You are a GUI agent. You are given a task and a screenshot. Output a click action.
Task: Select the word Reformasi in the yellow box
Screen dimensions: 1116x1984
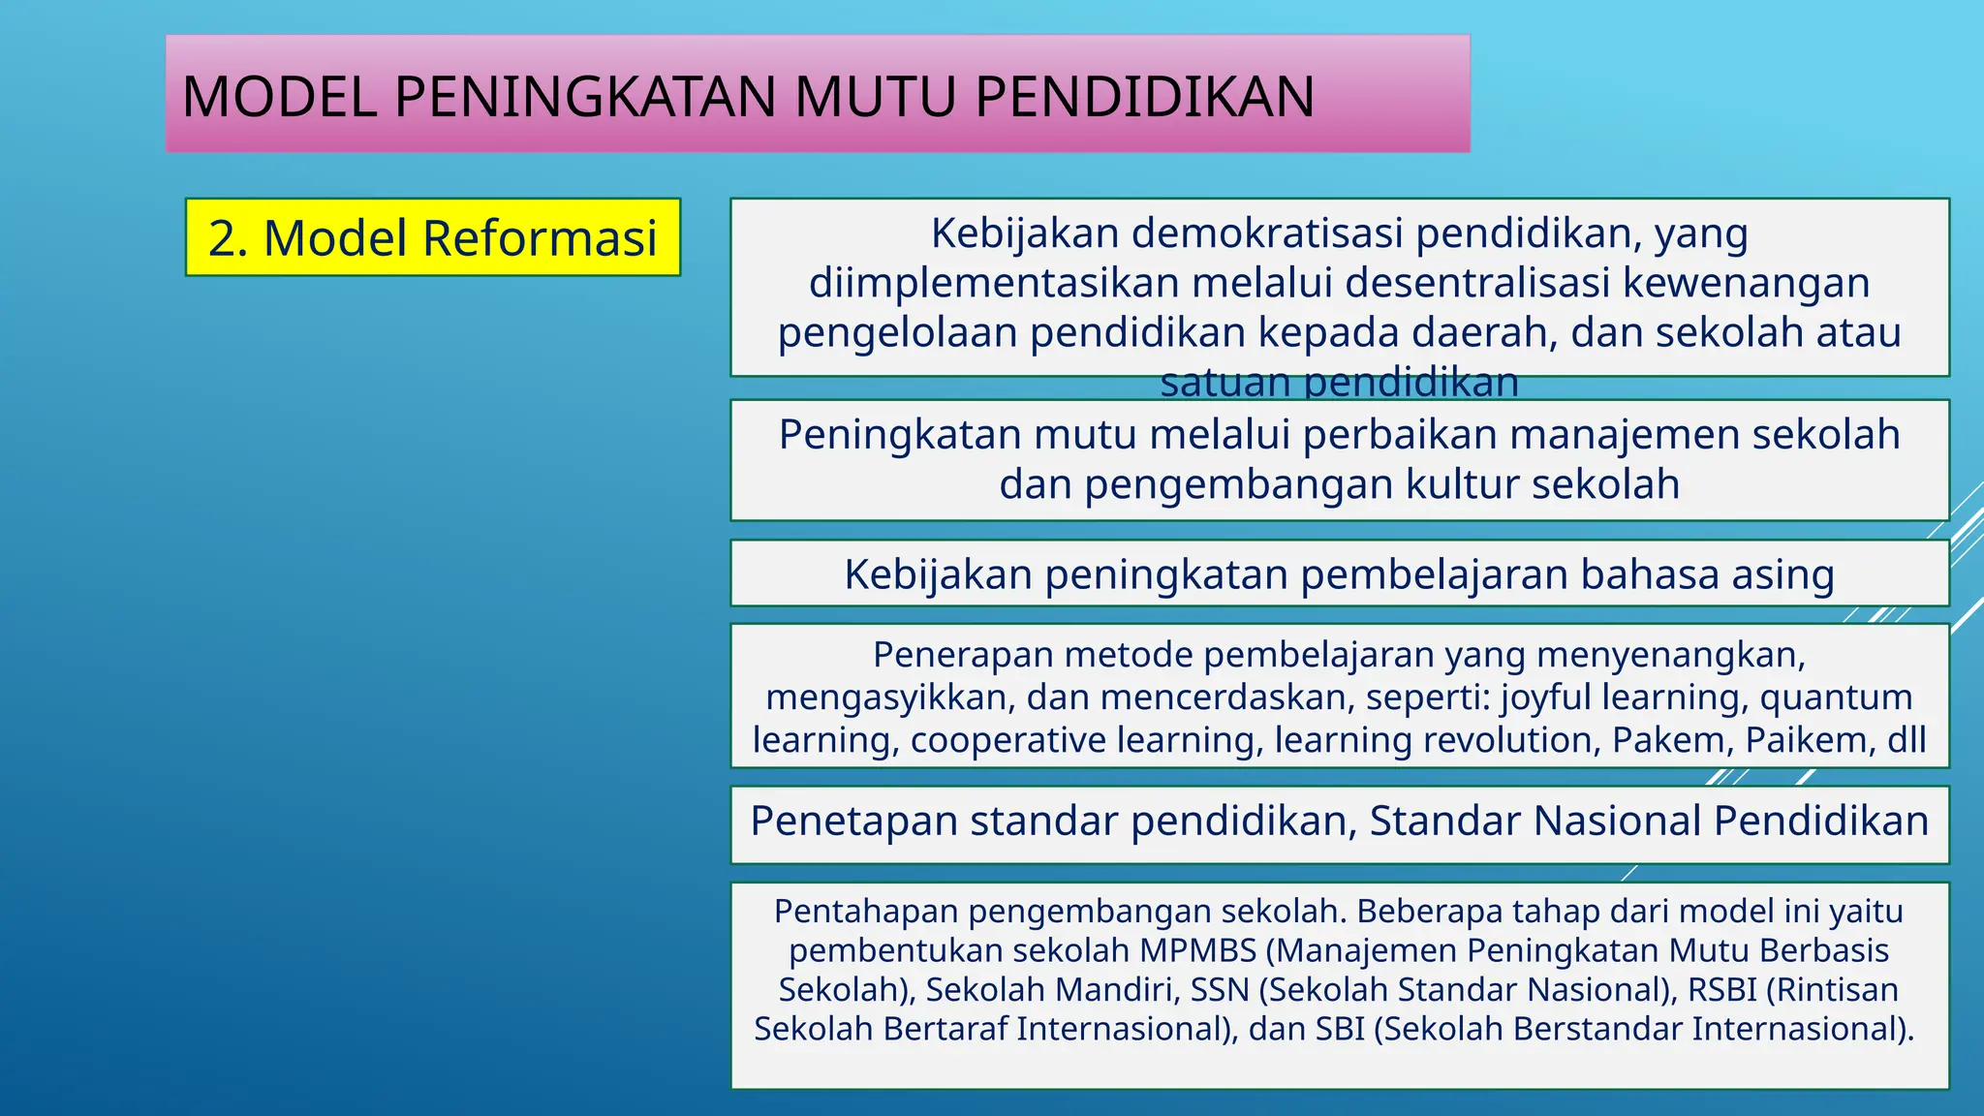[541, 238]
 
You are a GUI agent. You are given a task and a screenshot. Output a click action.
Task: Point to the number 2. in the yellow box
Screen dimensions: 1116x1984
[229, 238]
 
